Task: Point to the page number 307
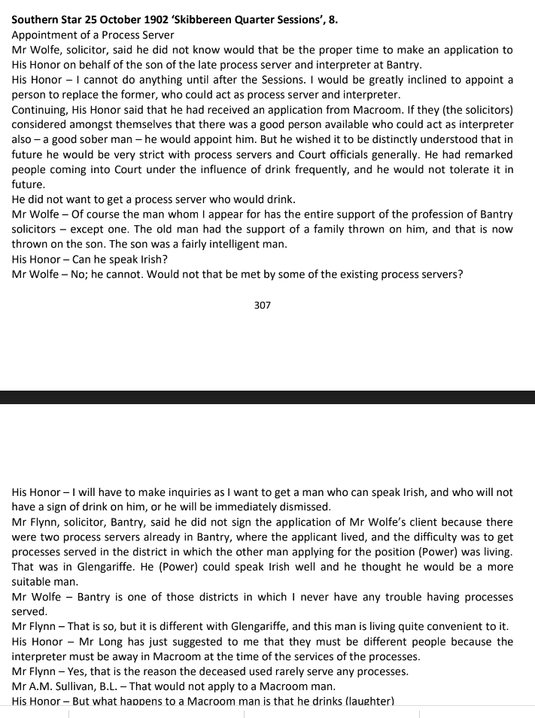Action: [x=263, y=306]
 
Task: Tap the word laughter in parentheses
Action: [x=368, y=701]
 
